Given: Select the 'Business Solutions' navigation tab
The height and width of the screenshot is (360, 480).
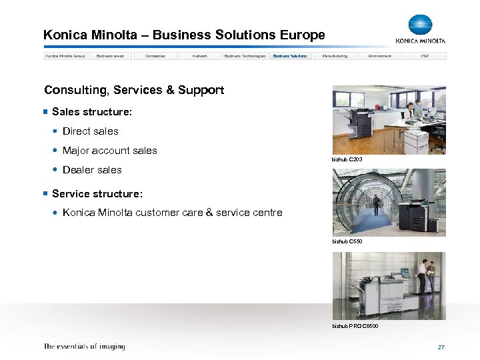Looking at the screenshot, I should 290,56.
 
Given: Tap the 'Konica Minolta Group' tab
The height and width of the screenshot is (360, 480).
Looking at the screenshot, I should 65,56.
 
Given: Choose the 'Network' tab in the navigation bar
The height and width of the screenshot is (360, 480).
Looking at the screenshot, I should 200,56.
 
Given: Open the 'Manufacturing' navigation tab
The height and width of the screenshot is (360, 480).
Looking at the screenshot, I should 335,56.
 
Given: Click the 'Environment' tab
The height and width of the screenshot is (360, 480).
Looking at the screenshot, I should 380,56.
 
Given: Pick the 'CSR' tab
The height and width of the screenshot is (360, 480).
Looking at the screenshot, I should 425,56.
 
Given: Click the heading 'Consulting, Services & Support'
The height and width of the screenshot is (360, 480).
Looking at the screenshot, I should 133,90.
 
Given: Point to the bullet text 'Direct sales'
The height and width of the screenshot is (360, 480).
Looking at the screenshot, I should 90,131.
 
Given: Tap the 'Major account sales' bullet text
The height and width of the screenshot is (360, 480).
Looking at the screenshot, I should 109,151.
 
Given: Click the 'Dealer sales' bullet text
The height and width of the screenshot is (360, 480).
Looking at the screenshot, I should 92,170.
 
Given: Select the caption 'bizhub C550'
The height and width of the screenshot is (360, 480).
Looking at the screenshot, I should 347,241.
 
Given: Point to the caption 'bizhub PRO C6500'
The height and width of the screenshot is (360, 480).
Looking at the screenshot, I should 355,325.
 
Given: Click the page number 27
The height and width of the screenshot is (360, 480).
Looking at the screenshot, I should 441,347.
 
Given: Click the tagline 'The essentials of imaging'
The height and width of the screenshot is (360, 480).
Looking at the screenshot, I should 84,347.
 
